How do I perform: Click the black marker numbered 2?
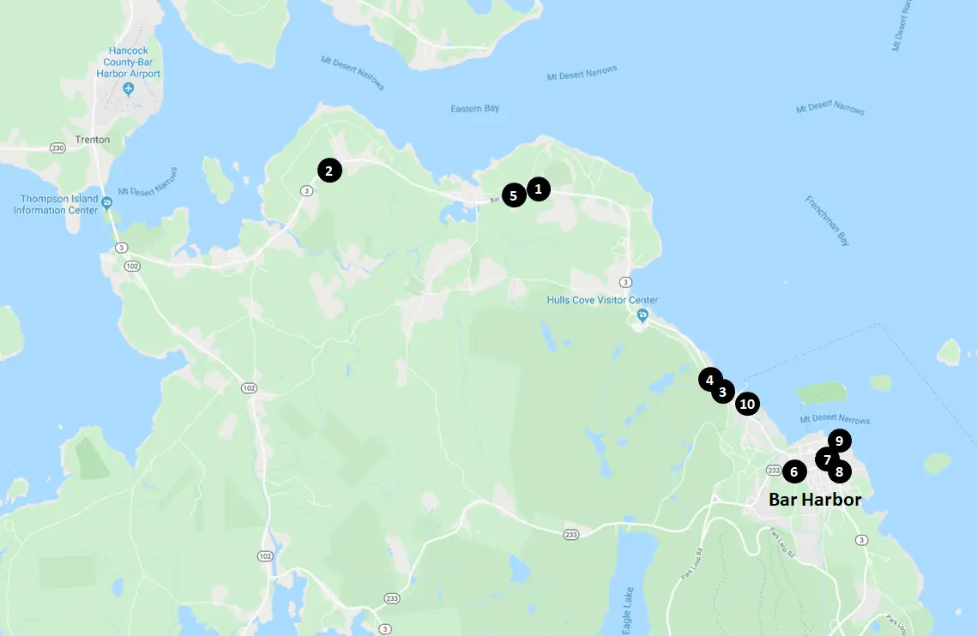click(x=329, y=170)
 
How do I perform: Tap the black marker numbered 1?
click(x=538, y=189)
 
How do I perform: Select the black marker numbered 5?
click(x=514, y=195)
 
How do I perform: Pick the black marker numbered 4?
click(x=709, y=379)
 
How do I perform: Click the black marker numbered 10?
click(x=747, y=404)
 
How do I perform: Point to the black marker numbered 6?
click(x=793, y=471)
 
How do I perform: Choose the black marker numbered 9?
click(x=839, y=441)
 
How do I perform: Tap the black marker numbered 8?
click(x=839, y=471)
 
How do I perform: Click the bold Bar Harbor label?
click(x=814, y=499)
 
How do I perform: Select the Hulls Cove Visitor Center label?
click(x=602, y=300)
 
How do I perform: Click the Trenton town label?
click(x=92, y=140)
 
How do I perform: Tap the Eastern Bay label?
click(x=474, y=109)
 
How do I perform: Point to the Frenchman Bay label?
click(x=827, y=221)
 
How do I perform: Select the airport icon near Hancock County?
click(x=128, y=89)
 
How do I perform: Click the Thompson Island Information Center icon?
click(x=106, y=203)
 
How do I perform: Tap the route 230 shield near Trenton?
click(x=57, y=148)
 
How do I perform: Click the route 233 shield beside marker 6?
click(x=772, y=471)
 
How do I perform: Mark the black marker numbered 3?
click(x=722, y=392)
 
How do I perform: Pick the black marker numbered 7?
click(x=826, y=459)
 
